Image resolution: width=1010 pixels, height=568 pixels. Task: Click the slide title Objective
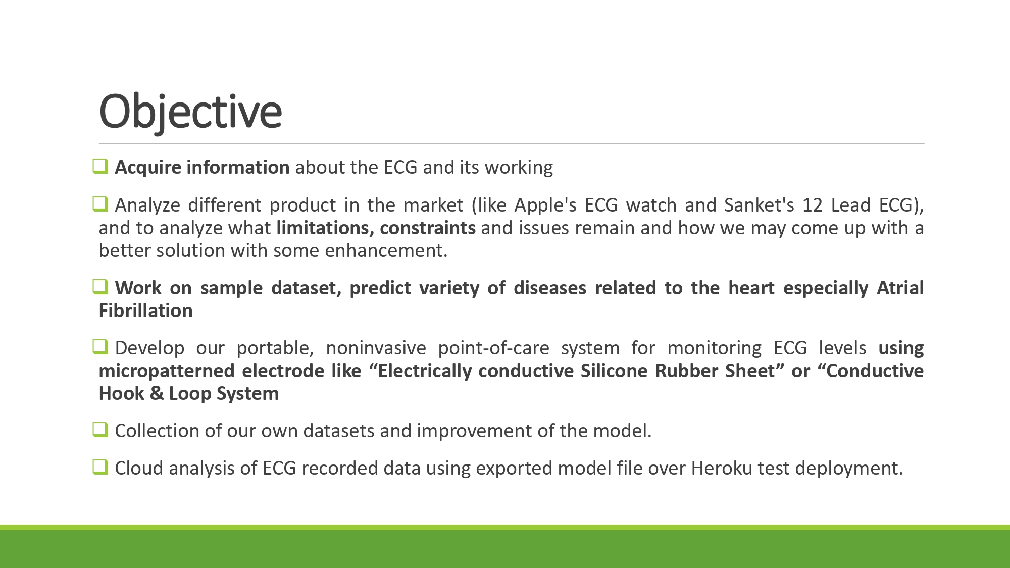tap(190, 112)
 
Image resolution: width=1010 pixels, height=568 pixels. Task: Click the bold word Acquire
tap(148, 168)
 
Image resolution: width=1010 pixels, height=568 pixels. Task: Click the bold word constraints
tap(428, 228)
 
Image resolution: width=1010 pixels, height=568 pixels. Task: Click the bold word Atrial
tap(900, 288)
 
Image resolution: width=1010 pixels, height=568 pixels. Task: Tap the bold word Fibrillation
tap(146, 311)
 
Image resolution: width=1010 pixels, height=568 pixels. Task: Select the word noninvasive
tap(376, 348)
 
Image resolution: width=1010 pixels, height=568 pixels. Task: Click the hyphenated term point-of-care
tap(493, 348)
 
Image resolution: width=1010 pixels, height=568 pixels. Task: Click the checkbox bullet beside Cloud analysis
tap(100, 467)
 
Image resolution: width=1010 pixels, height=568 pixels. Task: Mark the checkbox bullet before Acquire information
tap(100, 166)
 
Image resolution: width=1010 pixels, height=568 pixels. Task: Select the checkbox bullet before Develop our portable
tap(100, 347)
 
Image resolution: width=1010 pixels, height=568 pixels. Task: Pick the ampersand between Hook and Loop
tap(157, 393)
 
